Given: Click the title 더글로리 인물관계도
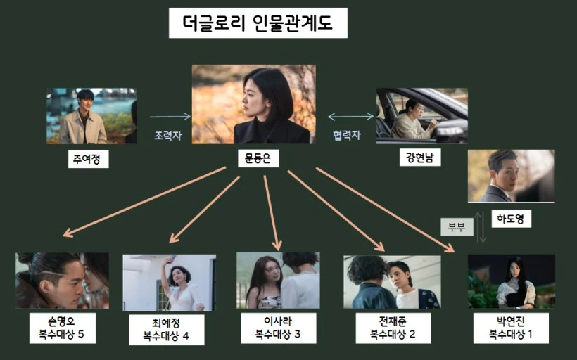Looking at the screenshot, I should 258,23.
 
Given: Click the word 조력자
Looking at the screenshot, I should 167,136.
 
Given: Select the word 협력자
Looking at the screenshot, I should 345,136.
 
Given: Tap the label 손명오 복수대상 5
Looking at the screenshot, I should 62,328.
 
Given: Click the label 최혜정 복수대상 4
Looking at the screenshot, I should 166,329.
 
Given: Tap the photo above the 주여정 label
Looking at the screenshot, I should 91,116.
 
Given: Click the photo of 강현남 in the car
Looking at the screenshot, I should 422,116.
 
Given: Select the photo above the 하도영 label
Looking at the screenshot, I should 512,176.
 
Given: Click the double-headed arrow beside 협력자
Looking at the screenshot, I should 350,117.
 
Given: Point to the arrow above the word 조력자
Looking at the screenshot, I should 170,117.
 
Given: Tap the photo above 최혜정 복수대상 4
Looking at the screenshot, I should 169,283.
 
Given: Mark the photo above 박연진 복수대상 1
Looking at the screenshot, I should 512,281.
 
